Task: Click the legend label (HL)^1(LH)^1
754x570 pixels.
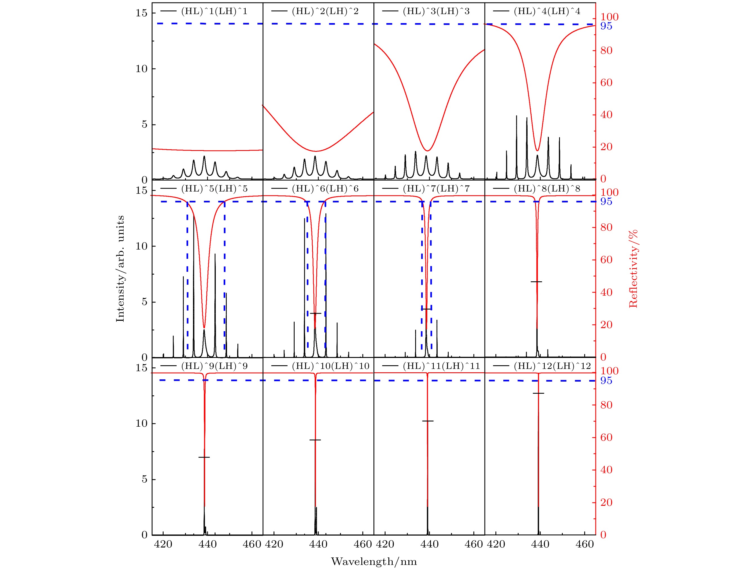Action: (214, 11)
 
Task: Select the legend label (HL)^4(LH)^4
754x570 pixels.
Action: (547, 11)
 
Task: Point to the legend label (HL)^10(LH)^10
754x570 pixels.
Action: (331, 366)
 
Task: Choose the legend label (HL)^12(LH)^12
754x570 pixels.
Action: (552, 366)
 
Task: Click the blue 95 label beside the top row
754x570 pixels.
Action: (606, 26)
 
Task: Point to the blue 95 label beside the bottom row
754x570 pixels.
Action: (606, 380)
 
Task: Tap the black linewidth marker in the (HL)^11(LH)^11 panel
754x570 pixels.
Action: (428, 421)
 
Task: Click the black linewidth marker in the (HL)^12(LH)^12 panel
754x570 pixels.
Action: (538, 393)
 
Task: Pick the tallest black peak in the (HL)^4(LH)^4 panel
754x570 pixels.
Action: (516, 116)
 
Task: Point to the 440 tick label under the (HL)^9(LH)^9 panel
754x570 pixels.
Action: (207, 544)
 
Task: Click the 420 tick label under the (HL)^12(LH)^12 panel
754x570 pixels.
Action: (496, 544)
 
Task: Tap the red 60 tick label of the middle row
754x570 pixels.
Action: (606, 260)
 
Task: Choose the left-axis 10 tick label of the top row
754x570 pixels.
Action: (141, 69)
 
